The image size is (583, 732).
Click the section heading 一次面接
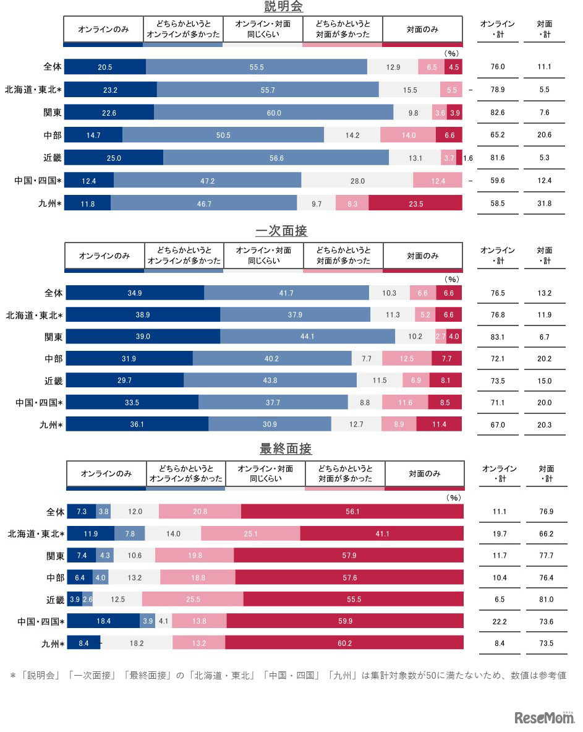coord(281,231)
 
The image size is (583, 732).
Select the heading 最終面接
coord(282,449)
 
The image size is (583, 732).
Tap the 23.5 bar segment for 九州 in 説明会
coord(415,203)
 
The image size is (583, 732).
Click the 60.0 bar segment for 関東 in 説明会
coord(273,113)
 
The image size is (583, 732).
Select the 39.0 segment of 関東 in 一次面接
coord(143,337)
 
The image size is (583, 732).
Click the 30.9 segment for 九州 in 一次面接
coord(270,424)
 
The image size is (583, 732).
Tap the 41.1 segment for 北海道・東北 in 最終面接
coord(381,534)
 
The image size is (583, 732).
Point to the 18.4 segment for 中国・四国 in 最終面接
coord(103,621)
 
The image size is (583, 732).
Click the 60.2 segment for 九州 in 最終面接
coord(344,644)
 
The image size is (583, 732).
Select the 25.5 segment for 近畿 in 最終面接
coord(192,600)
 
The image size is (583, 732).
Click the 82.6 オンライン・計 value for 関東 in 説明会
coord(497,113)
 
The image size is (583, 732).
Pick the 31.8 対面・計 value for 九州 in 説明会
coord(544,203)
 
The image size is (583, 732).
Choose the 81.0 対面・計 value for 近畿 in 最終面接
coord(546,600)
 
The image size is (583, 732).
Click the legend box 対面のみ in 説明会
coord(422,29)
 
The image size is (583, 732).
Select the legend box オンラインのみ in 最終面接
coord(106,474)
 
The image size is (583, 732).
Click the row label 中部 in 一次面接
coord(53,359)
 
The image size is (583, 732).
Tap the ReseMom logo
coord(543,717)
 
